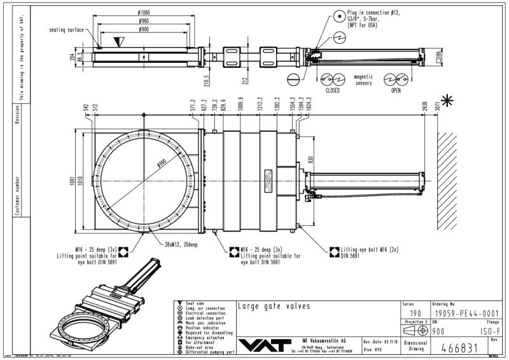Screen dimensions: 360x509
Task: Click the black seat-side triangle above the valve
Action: click(118, 41)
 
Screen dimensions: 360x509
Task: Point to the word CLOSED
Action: click(332, 90)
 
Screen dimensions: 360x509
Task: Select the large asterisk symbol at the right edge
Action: click(448, 100)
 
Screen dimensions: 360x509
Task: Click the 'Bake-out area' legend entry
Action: click(198, 344)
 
